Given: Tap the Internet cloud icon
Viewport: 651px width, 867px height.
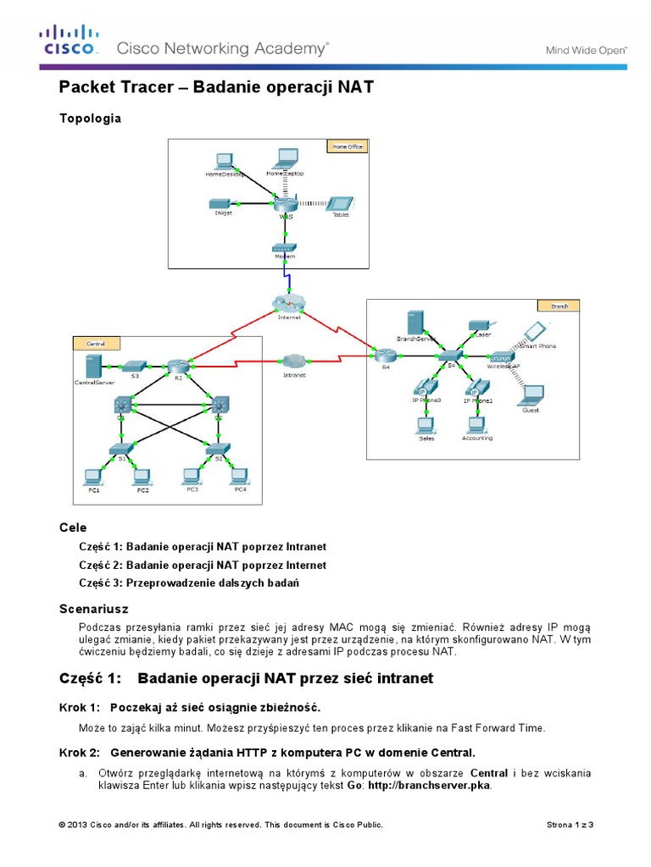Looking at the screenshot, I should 290,302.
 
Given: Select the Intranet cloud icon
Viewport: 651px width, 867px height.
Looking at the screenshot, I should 292,362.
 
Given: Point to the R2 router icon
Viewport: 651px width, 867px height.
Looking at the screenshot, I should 177,367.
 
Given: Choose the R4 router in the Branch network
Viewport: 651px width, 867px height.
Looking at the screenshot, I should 386,356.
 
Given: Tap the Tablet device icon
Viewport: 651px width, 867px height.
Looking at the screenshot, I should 341,203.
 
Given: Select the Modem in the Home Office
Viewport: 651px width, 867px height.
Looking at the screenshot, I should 283,248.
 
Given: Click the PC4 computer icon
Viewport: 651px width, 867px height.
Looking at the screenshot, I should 240,476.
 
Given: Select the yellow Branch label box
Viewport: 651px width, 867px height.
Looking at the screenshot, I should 559,306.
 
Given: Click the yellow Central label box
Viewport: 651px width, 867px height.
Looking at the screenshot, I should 96,343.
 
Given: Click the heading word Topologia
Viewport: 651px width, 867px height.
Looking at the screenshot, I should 90,119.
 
